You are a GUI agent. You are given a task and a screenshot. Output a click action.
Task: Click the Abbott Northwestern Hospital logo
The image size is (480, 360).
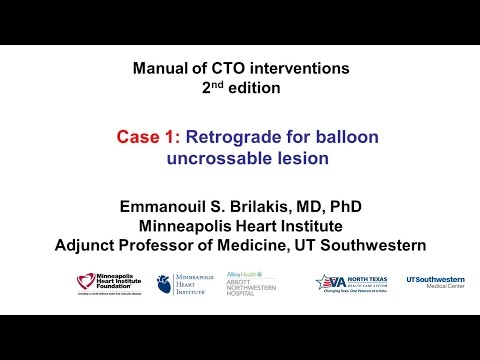[253, 284]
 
